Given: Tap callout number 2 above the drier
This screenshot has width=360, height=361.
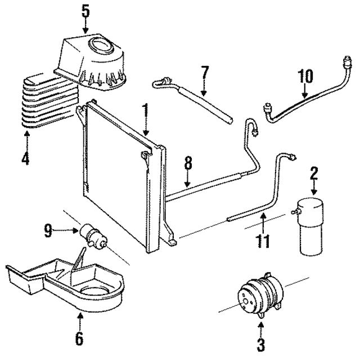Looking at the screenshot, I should click(x=314, y=173).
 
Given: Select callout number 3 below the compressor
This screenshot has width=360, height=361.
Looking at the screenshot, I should click(x=261, y=343).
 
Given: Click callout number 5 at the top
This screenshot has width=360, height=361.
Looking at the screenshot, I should click(x=85, y=11).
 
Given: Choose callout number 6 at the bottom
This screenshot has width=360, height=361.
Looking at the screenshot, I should click(x=79, y=338).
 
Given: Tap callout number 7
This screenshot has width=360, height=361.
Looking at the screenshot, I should click(x=204, y=73).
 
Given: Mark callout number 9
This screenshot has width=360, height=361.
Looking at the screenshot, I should click(x=48, y=229).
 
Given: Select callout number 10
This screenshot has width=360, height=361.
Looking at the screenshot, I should click(x=305, y=76).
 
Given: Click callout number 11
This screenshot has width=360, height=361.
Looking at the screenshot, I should click(x=261, y=241).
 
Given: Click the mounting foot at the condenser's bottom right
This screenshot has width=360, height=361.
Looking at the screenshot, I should click(x=172, y=242).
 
